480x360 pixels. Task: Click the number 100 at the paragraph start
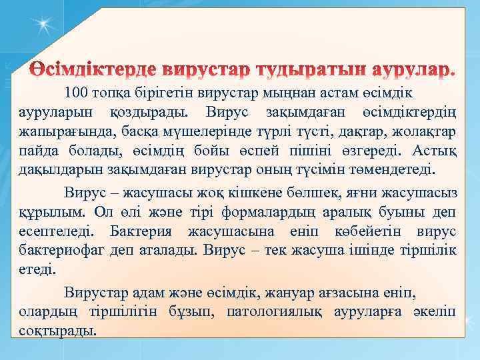(x=76, y=91)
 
